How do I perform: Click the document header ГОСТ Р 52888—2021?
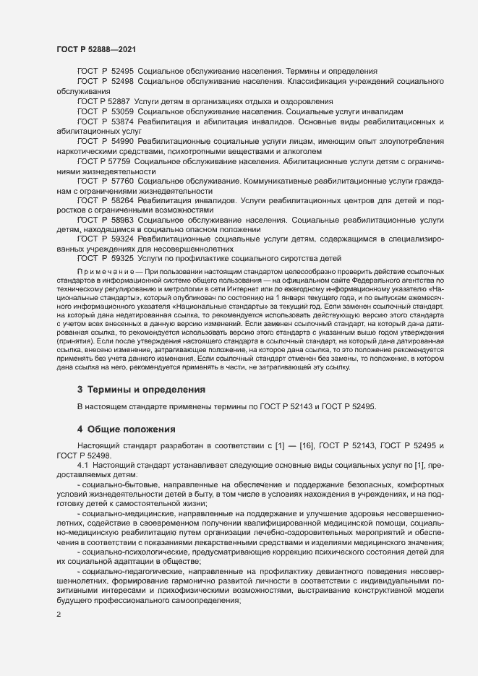tap(95, 49)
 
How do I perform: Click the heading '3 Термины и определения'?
tap(141, 390)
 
